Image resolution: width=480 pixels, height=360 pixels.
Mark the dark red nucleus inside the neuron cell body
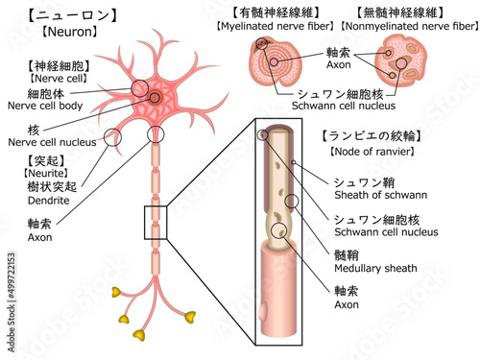tap(155, 97)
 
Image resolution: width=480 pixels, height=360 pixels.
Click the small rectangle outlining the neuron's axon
tap(156, 222)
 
